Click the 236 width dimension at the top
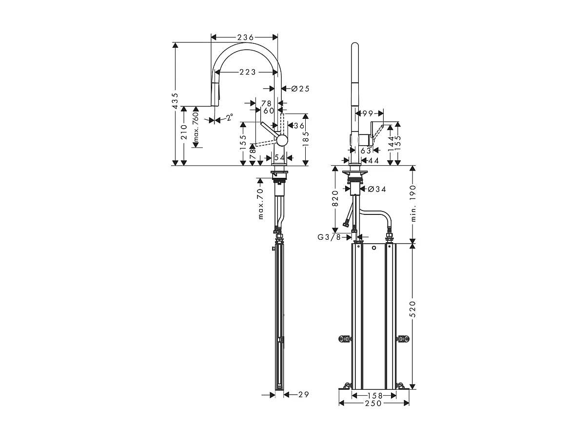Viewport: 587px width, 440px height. coord(244,37)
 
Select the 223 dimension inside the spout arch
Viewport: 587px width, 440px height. coord(247,72)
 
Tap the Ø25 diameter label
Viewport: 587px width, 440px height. coord(300,89)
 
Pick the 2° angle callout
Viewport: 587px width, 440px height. coord(229,117)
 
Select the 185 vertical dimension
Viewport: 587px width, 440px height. coord(306,139)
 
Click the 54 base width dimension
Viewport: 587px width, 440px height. coord(280,158)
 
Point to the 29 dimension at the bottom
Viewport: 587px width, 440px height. coord(303,395)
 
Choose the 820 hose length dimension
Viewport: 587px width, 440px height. coord(335,199)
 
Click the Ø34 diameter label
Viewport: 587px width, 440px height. coord(377,189)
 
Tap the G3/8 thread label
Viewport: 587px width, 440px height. coord(331,237)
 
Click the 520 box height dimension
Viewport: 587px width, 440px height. coord(412,309)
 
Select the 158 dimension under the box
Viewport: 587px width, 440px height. coord(374,395)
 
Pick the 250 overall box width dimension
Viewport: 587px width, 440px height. coord(374,403)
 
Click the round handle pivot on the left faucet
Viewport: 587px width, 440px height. coord(282,140)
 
